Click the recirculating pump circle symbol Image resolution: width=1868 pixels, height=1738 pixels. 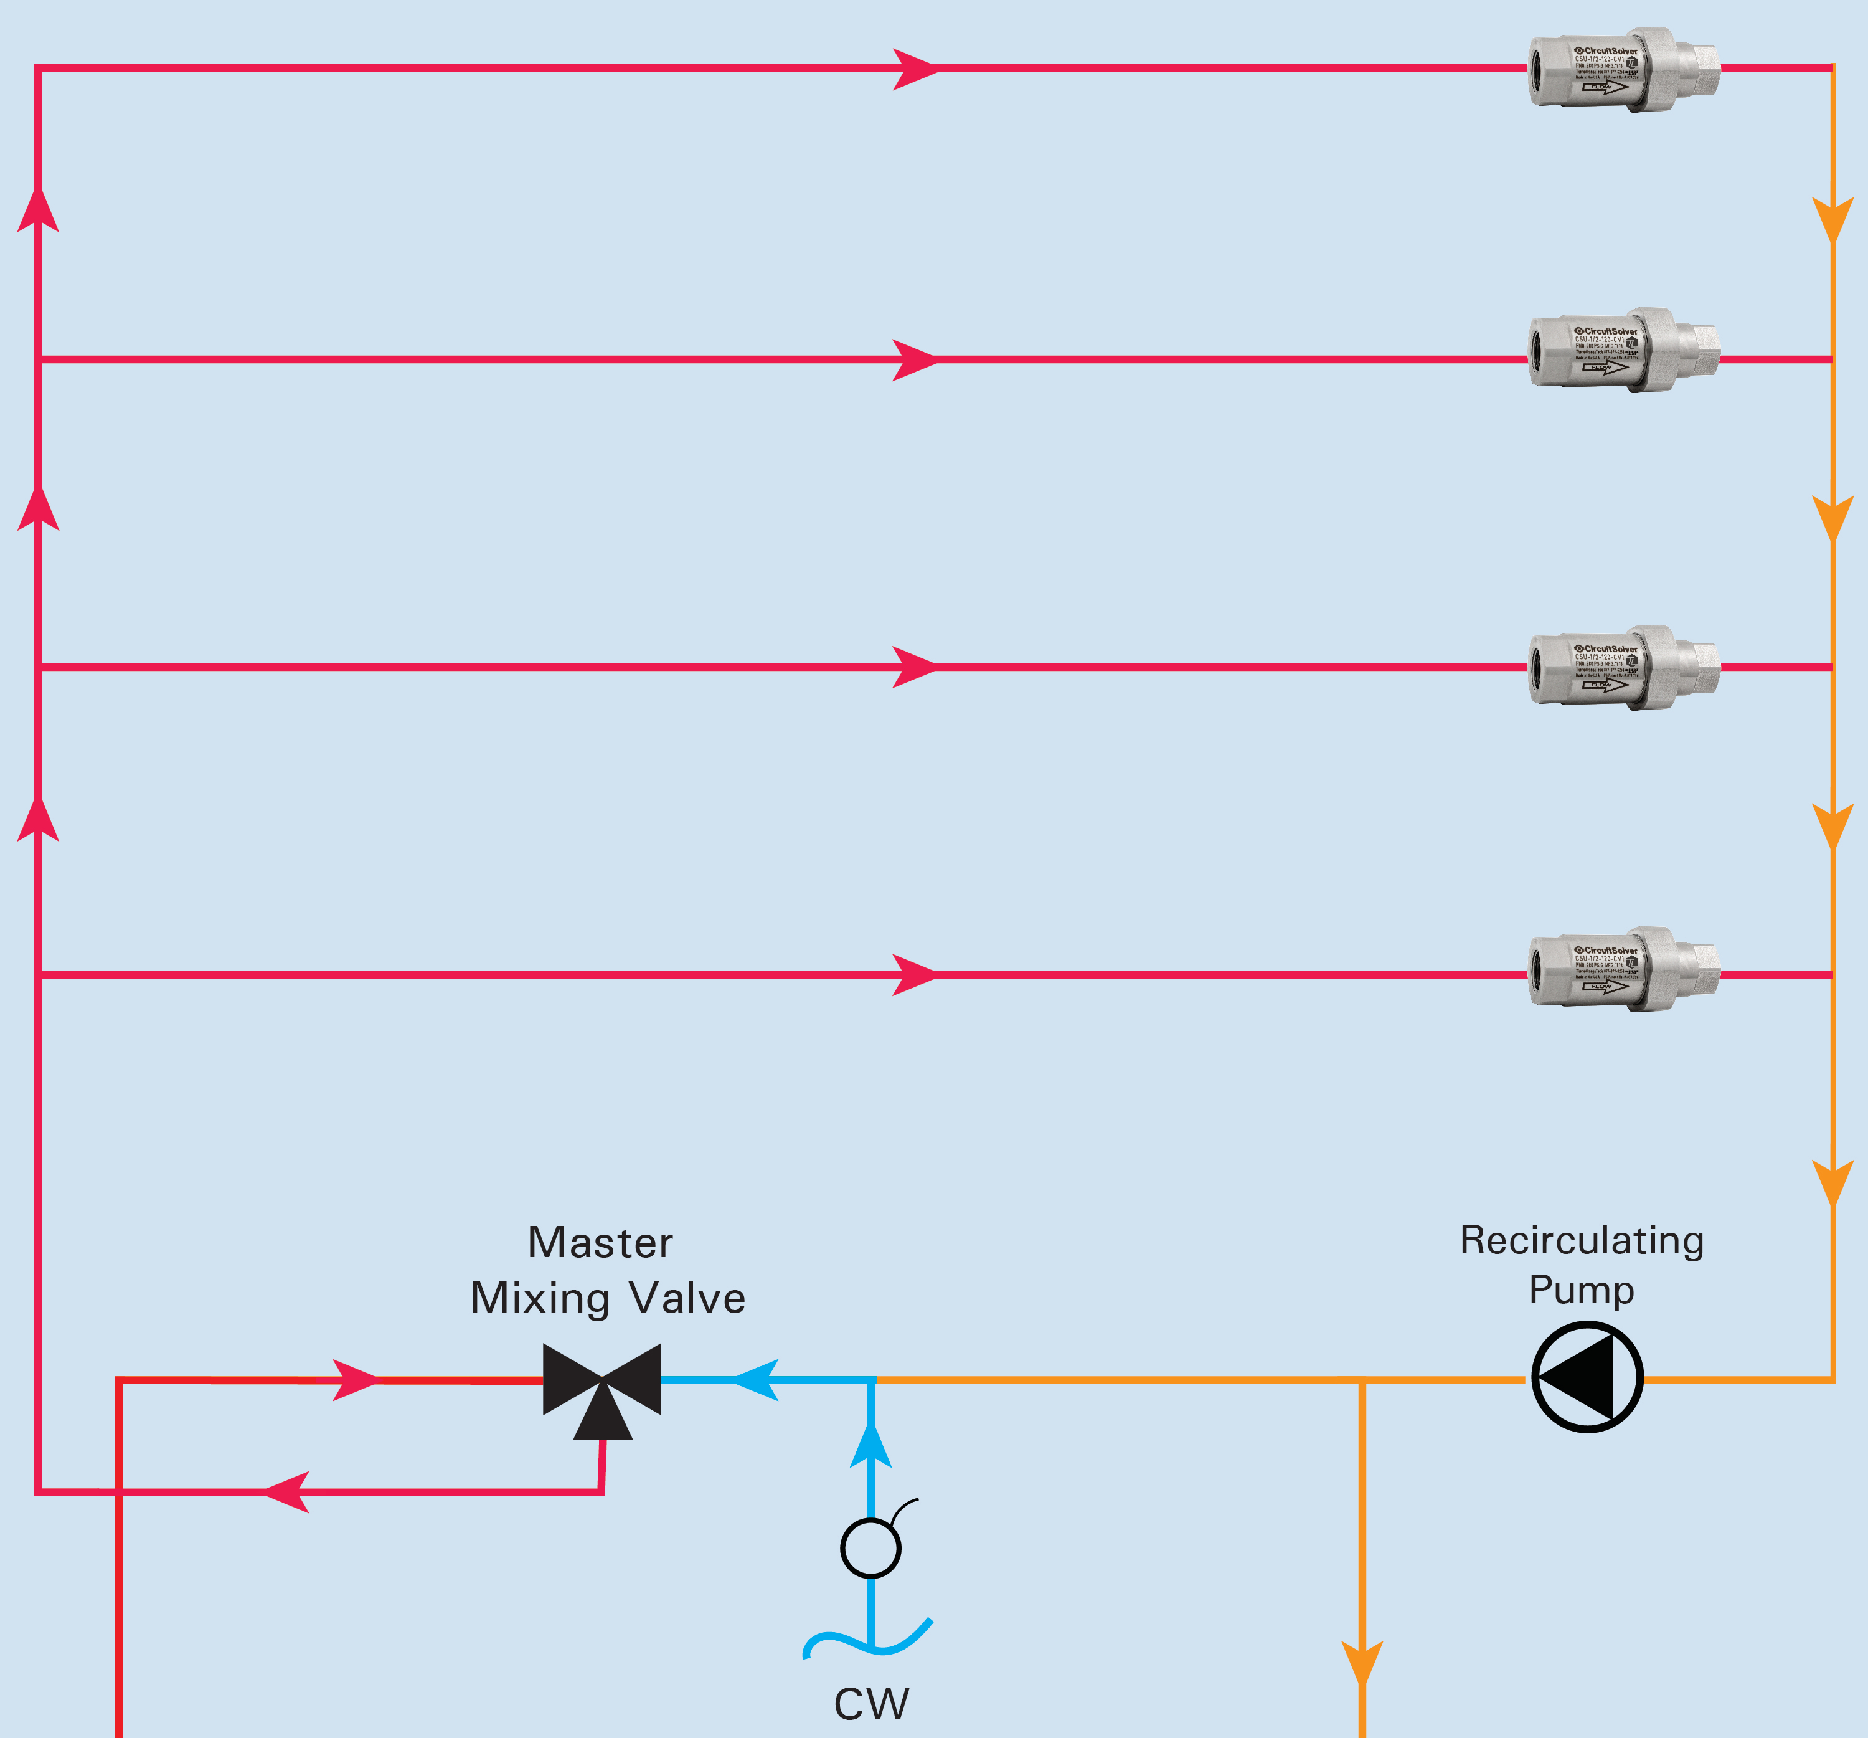1587,1377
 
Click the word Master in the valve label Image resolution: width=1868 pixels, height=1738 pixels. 600,1243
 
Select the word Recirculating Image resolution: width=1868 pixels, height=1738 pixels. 1582,1240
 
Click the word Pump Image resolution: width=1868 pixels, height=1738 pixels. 1582,1289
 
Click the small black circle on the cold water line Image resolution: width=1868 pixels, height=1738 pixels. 871,1547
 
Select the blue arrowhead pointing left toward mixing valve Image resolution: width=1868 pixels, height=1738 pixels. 757,1380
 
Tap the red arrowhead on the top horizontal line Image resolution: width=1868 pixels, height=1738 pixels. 914,69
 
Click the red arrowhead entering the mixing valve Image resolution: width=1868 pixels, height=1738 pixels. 355,1380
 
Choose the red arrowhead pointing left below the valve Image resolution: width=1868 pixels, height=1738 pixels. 286,1492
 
